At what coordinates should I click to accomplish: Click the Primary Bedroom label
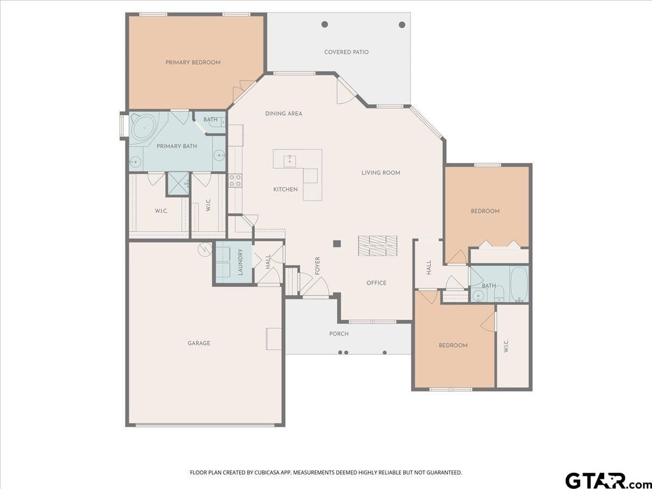(x=193, y=62)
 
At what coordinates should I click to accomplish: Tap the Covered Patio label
(x=346, y=52)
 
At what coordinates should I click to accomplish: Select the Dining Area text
(x=284, y=114)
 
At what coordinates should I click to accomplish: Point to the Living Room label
(x=381, y=172)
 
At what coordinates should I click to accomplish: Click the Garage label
(x=199, y=343)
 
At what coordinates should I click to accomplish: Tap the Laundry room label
(x=240, y=262)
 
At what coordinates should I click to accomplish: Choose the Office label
(x=377, y=283)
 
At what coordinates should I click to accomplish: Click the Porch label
(x=339, y=334)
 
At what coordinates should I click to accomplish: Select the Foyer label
(x=317, y=266)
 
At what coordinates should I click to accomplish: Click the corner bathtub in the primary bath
(x=144, y=128)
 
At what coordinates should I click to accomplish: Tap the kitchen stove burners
(x=235, y=180)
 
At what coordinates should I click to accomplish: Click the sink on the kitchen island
(x=290, y=161)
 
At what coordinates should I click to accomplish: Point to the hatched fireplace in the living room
(x=378, y=246)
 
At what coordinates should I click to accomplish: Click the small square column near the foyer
(x=337, y=244)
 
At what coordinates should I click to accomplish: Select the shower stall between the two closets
(x=178, y=184)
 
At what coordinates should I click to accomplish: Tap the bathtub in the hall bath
(x=519, y=284)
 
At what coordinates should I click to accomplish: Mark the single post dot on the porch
(x=385, y=353)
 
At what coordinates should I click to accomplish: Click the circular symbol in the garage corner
(x=204, y=249)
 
